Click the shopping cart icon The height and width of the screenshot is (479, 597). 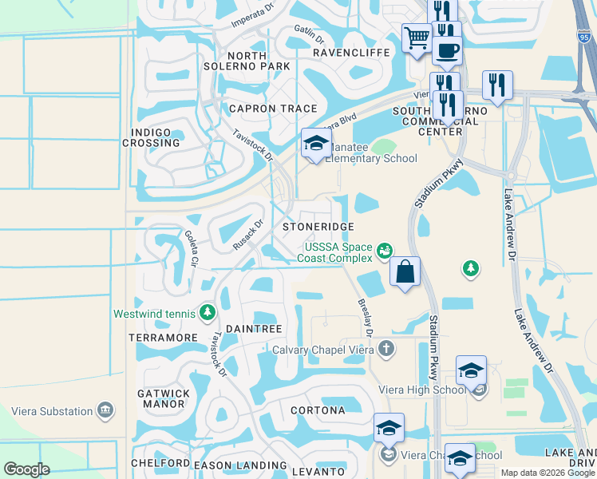pyautogui.click(x=417, y=38)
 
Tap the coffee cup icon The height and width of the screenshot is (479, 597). pyautogui.click(x=447, y=50)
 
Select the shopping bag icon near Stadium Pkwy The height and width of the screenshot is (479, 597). pyautogui.click(x=405, y=271)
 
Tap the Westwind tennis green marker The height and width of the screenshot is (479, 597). pyautogui.click(x=208, y=311)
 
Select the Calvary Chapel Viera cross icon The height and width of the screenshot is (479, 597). pyautogui.click(x=386, y=348)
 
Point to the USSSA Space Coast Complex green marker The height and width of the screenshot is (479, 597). pyautogui.click(x=385, y=251)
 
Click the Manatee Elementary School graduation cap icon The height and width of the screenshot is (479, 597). pyautogui.click(x=316, y=144)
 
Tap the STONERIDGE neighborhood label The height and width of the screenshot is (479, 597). pyautogui.click(x=318, y=227)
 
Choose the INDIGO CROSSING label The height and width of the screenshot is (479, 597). pyautogui.click(x=151, y=137)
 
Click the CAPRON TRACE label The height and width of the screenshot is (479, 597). pyautogui.click(x=273, y=109)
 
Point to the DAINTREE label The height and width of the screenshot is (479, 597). pyautogui.click(x=254, y=329)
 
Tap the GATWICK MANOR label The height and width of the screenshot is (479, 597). pyautogui.click(x=164, y=398)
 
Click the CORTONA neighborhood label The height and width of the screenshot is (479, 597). pyautogui.click(x=318, y=410)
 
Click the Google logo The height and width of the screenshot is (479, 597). pyautogui.click(x=26, y=469)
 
